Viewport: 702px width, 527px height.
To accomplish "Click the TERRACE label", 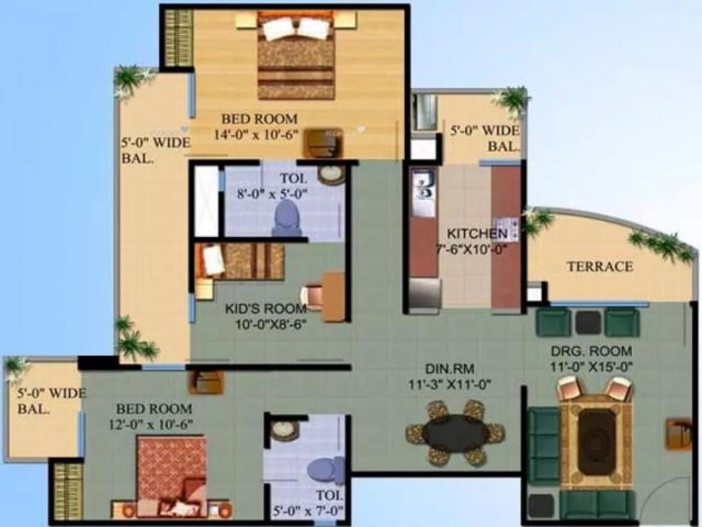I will click(600, 267).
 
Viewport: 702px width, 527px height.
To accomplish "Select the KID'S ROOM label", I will click(266, 309).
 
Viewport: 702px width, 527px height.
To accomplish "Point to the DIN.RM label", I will click(449, 369).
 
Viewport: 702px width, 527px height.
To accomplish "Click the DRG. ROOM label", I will click(591, 351).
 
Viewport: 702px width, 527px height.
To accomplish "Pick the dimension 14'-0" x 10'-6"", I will click(256, 134).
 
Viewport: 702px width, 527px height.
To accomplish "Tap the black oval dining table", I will click(456, 433).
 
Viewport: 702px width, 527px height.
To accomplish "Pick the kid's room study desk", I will click(333, 296).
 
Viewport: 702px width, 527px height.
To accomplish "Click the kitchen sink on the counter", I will click(423, 186).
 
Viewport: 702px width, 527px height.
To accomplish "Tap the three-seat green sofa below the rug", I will click(597, 504).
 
